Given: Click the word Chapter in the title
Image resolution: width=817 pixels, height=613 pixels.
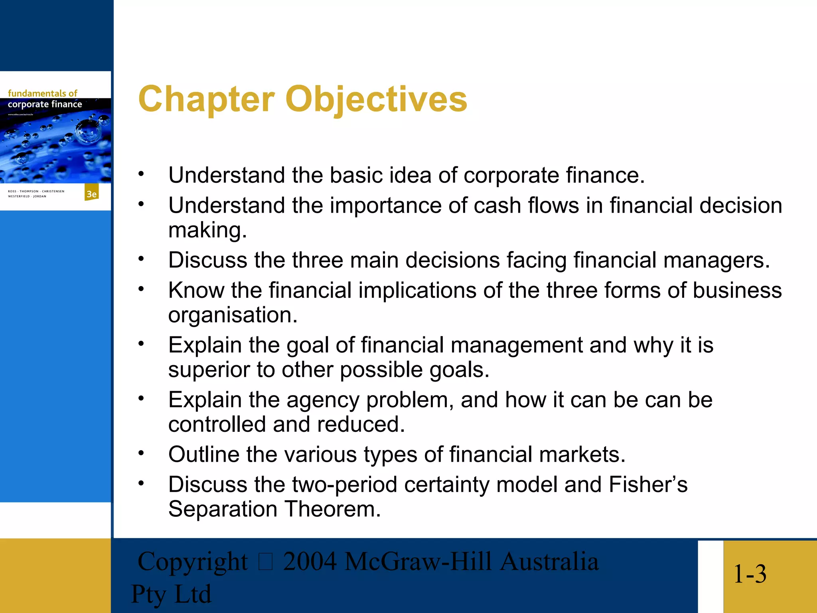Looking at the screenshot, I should (206, 99).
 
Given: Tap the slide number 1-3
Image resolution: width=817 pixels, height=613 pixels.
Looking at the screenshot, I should (750, 574).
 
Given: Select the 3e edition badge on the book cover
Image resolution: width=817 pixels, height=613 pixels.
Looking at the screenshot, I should (91, 194).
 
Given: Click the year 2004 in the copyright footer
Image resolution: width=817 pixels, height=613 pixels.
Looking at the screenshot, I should (310, 562).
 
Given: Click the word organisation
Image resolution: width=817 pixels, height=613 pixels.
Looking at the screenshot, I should (233, 315).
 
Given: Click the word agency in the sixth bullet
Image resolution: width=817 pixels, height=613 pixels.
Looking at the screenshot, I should (323, 400).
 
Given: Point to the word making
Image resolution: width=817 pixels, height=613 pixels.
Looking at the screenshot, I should (207, 230).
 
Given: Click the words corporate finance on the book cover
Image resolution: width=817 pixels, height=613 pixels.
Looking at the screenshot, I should (45, 105).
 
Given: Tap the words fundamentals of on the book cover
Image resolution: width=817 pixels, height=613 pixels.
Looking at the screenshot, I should (42, 93).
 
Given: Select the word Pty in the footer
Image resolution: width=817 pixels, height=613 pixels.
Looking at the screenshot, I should (148, 594).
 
